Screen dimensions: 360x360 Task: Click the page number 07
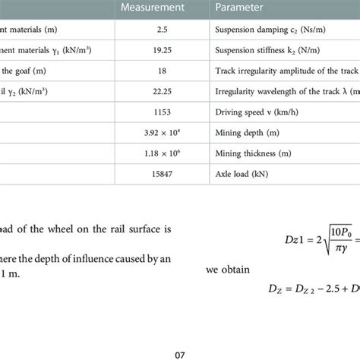179,352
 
